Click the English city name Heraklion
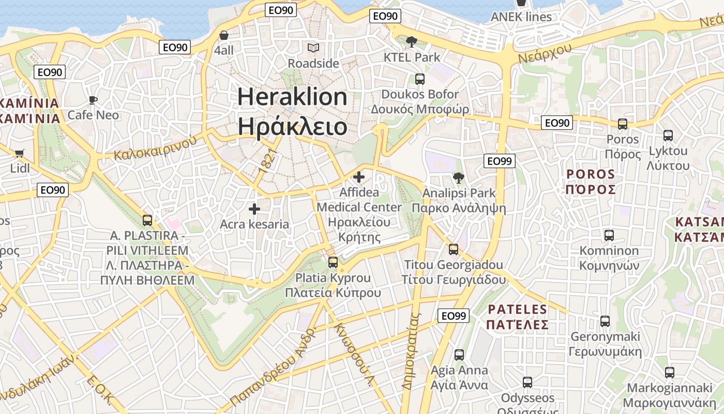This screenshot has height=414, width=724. coord(292,97)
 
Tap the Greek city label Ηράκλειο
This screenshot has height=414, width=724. coord(292,126)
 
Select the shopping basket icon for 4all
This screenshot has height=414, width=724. coord(224,35)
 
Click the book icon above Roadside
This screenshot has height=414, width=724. coord(313,48)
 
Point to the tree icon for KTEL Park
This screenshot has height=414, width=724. coord(412,42)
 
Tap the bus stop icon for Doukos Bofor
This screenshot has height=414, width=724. coord(419,79)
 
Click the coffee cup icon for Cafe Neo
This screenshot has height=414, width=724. coord(93,100)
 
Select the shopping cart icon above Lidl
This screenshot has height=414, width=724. coord(20,153)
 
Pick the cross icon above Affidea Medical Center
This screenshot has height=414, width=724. coord(358,178)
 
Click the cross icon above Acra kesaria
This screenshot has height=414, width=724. coord(254,209)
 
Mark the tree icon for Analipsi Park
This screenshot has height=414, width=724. coord(458,179)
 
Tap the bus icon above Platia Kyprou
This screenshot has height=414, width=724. coord(333,262)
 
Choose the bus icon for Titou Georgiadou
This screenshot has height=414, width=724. coord(454,249)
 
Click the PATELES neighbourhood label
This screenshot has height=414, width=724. coord(517,310)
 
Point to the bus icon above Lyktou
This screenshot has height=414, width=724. coord(668,136)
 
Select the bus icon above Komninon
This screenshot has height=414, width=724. coord(609,235)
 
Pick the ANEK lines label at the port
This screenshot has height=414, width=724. coord(521,17)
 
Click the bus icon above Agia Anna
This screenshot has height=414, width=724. coord(459,355)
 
